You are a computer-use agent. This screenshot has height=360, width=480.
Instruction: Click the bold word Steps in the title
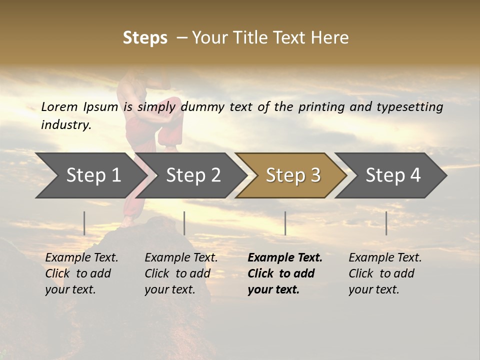145,38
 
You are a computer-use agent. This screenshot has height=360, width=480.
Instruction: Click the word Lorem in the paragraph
59,107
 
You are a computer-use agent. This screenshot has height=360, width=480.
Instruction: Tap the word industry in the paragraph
65,124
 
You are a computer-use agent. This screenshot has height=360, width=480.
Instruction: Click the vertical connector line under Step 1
84,223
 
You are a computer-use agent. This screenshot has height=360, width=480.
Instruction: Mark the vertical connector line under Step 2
184,223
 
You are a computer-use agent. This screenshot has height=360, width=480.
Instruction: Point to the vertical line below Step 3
285,223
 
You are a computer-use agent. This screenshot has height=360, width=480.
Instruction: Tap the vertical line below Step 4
386,223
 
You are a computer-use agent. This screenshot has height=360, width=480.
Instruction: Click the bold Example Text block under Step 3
284,273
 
